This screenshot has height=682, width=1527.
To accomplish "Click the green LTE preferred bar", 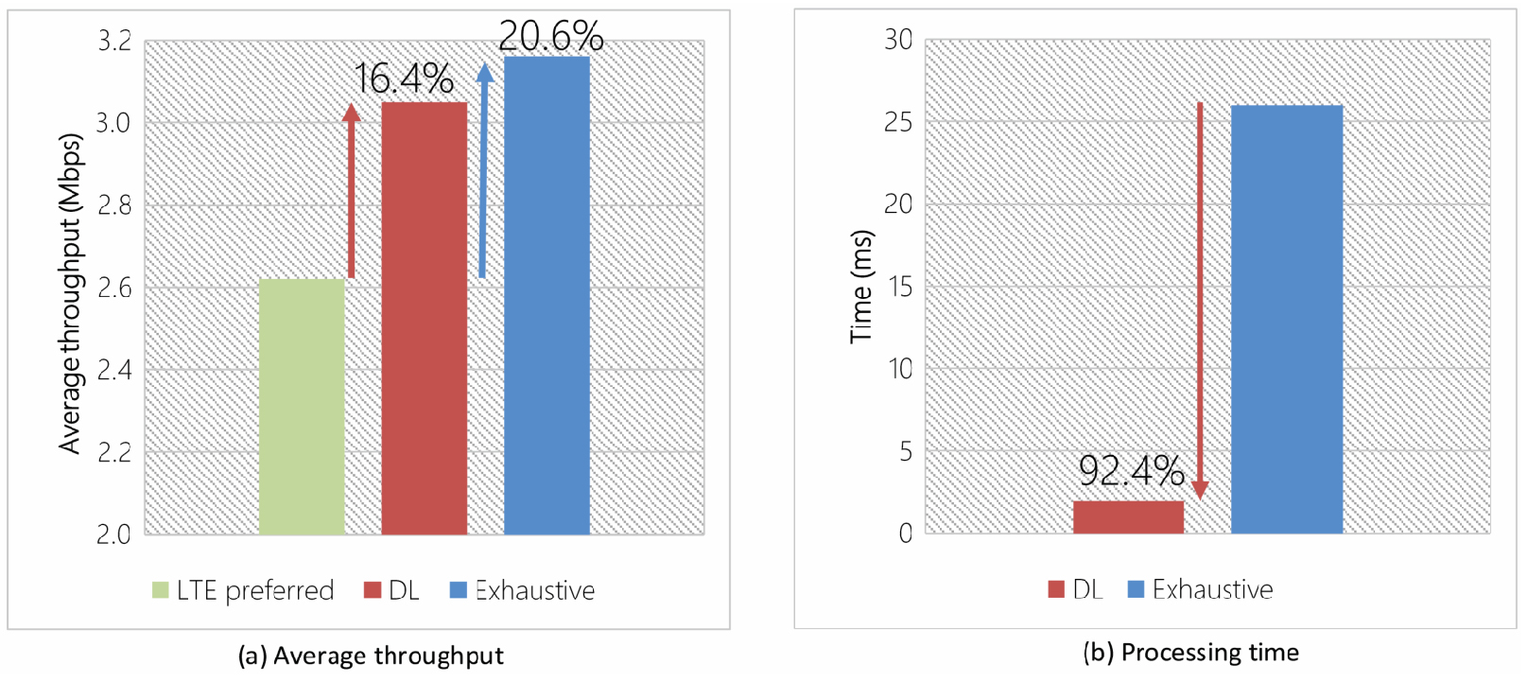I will [301, 407].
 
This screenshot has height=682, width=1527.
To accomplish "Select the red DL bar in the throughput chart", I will [424, 318].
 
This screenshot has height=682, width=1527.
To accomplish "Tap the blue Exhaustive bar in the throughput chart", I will [547, 295].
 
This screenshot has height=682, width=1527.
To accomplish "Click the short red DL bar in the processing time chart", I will [1128, 516].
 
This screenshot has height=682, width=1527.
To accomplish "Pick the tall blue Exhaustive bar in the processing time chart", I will [1286, 319].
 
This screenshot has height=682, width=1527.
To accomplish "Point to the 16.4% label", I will [404, 79].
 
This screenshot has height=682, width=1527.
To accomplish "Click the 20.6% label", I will [550, 37].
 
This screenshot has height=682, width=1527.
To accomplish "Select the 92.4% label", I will [1131, 470].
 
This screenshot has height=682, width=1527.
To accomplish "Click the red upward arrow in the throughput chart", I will [352, 189].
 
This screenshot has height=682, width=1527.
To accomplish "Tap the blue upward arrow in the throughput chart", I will [484, 170].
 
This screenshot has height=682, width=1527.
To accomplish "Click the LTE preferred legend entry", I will [243, 590].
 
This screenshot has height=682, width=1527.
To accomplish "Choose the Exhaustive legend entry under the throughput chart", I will [523, 590].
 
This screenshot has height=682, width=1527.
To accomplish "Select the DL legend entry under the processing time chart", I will [1076, 589].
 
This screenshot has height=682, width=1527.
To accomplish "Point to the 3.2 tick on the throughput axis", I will [114, 41].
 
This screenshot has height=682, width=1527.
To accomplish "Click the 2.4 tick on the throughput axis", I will [114, 369].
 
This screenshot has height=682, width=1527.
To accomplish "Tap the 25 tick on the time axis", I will [898, 122].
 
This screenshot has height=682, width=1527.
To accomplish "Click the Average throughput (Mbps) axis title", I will [70, 293].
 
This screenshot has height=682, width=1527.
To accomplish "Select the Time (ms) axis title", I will [860, 286].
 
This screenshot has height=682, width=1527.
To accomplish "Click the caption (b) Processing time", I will [1190, 652].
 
